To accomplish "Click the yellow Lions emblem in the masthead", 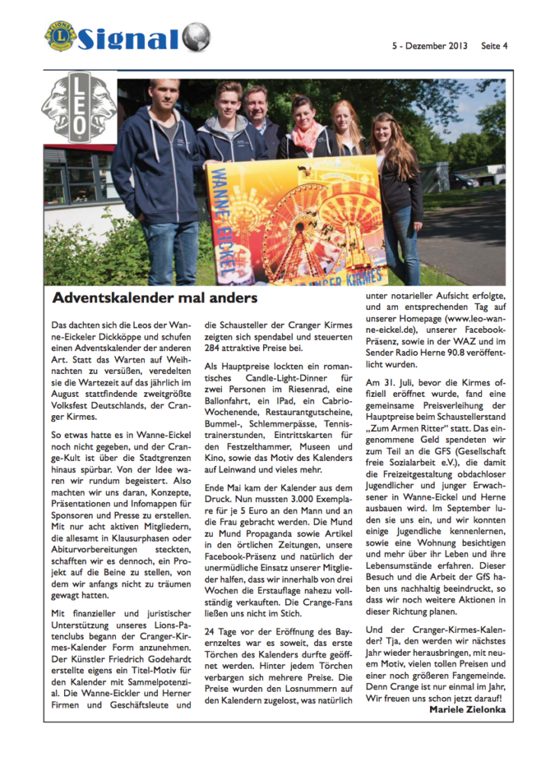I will (x=60, y=36).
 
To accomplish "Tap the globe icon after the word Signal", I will (x=196, y=37).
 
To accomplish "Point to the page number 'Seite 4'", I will (x=494, y=46).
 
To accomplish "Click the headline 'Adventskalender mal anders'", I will (x=155, y=298).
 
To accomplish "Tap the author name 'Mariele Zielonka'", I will (x=462, y=709).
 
